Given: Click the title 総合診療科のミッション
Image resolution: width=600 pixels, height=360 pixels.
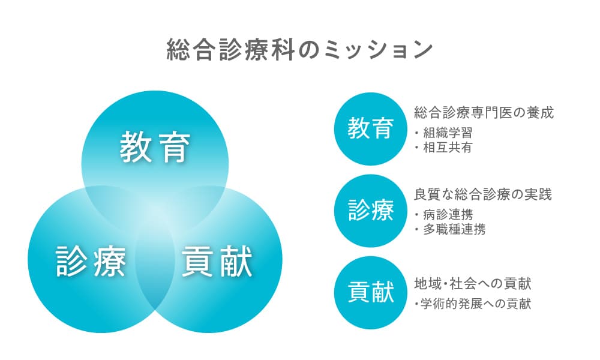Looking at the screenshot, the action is pyautogui.click(x=299, y=50).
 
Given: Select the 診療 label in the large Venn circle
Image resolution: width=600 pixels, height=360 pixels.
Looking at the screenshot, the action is pyautogui.click(x=91, y=261).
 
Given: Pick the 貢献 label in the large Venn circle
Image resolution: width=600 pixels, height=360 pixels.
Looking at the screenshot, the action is pyautogui.click(x=217, y=261).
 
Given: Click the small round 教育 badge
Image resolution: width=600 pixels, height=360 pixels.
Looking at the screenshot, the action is pyautogui.click(x=370, y=128).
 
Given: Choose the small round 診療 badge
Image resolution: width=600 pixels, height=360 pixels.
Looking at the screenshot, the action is pyautogui.click(x=370, y=211).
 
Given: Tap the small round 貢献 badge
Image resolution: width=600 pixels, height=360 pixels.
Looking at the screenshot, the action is pyautogui.click(x=370, y=293).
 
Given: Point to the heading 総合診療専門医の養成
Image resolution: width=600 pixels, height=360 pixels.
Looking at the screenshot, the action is pyautogui.click(x=484, y=113).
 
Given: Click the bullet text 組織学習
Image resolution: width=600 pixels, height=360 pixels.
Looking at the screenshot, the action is pyautogui.click(x=448, y=133).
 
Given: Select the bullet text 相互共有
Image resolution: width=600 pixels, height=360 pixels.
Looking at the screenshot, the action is pyautogui.click(x=448, y=147).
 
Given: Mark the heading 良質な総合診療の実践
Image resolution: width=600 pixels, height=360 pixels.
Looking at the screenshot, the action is pyautogui.click(x=483, y=194).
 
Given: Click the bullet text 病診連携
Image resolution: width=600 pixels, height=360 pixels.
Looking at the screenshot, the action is pyautogui.click(x=448, y=215).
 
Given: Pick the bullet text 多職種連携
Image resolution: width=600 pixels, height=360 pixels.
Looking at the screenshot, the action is pyautogui.click(x=454, y=230).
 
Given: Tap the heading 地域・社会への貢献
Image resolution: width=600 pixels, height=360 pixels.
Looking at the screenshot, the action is pyautogui.click(x=473, y=283).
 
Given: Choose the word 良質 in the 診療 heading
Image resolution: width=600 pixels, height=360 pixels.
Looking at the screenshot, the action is pyautogui.click(x=427, y=194).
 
